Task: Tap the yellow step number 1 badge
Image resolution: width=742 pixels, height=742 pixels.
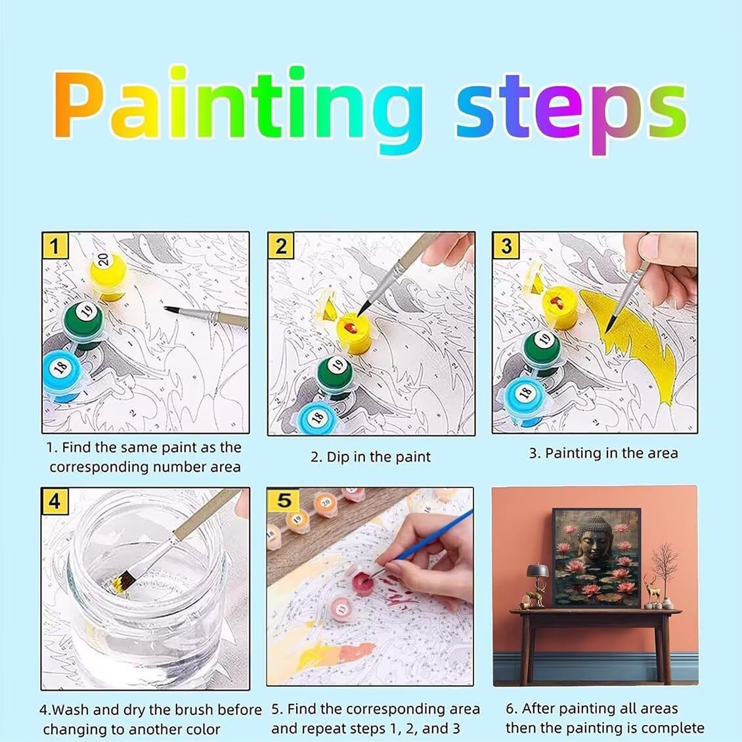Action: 55,246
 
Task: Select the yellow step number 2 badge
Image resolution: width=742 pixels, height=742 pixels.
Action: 280,246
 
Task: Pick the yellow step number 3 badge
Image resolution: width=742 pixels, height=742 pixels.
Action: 506,246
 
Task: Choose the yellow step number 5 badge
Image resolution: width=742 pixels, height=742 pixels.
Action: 284,500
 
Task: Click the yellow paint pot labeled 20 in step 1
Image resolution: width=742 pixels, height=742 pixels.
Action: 109,275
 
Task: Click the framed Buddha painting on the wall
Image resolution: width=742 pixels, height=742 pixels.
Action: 597,558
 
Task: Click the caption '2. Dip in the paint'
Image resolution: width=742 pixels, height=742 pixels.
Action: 370,457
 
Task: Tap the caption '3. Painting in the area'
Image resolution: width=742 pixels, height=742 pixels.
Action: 603,453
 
